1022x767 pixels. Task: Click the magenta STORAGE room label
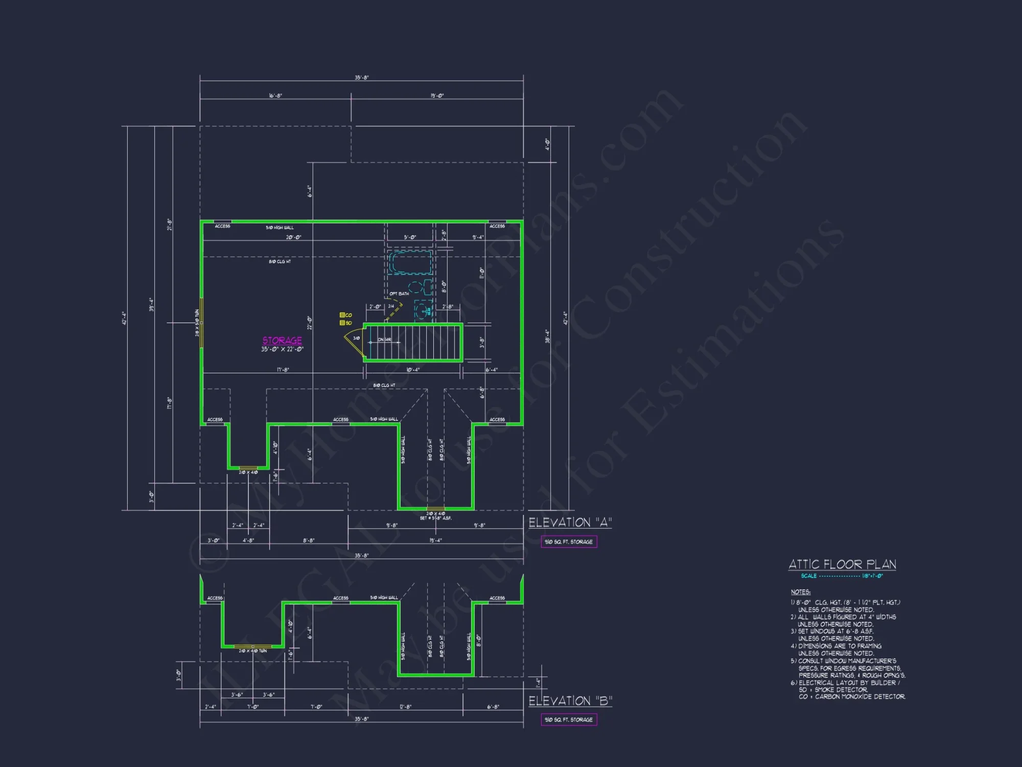click(282, 341)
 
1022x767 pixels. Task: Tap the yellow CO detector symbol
click(342, 315)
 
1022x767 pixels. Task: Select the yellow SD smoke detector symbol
click(342, 323)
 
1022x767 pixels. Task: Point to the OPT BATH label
click(399, 294)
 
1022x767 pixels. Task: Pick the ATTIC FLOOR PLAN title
click(842, 565)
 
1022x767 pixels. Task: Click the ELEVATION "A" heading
click(570, 523)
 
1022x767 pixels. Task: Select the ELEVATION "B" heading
click(570, 701)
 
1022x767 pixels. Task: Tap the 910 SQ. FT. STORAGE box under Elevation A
click(569, 542)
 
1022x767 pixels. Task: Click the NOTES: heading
click(800, 592)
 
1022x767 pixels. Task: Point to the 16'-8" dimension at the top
click(275, 96)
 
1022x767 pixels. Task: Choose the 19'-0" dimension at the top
click(437, 96)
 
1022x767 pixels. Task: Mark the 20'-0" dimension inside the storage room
click(294, 237)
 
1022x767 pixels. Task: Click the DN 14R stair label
click(384, 340)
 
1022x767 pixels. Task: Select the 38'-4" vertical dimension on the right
click(547, 336)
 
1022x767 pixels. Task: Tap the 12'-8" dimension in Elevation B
click(405, 707)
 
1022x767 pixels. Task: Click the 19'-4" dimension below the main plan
click(435, 540)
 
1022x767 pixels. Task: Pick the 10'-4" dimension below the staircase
click(413, 370)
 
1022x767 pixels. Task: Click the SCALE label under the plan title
click(808, 576)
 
